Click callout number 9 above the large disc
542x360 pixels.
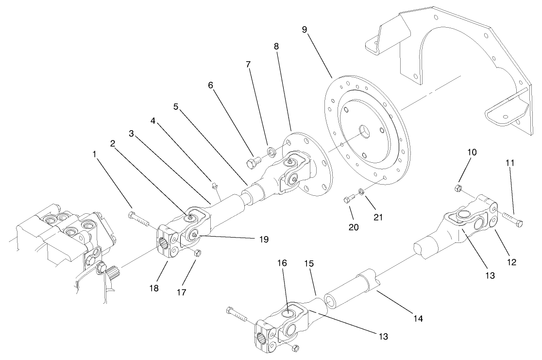(304, 30)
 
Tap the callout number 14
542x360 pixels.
(418, 319)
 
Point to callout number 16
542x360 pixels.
(282, 263)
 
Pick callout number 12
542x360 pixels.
(511, 262)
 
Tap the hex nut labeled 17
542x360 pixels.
(197, 253)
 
